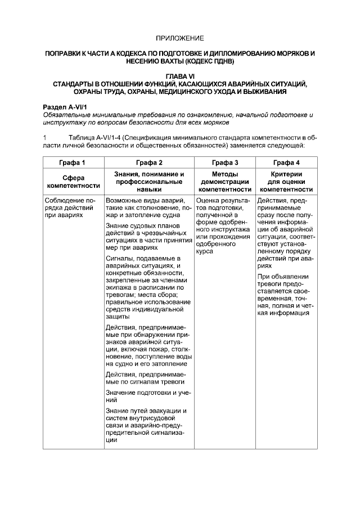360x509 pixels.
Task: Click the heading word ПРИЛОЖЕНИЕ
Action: pyautogui.click(x=179, y=38)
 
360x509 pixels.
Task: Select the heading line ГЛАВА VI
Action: pyautogui.click(x=179, y=75)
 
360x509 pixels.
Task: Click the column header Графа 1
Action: pyautogui.click(x=73, y=163)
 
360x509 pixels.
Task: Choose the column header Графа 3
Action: pyautogui.click(x=224, y=163)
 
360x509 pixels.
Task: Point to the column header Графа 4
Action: pyautogui.click(x=286, y=163)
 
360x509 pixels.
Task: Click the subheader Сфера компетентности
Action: pyautogui.click(x=73, y=182)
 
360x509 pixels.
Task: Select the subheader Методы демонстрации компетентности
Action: pyautogui.click(x=224, y=182)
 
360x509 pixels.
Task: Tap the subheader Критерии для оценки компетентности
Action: pyautogui.click(x=286, y=182)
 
